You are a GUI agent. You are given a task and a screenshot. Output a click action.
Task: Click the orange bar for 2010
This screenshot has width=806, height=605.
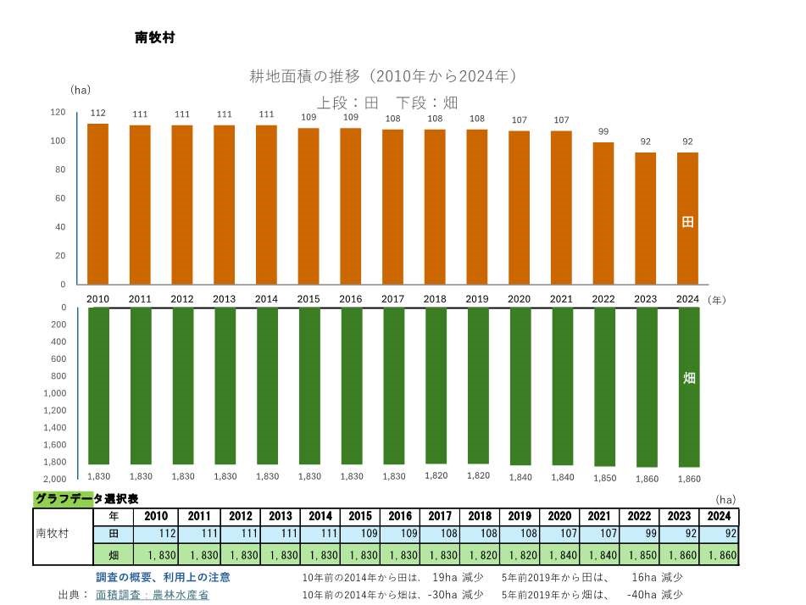tap(98, 204)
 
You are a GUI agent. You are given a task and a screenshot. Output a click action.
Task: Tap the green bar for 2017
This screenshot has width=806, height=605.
tap(393, 386)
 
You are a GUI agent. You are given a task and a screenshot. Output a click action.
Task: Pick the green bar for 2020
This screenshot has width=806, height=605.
tap(520, 386)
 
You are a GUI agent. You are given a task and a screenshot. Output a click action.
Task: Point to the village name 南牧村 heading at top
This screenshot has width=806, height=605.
tap(154, 37)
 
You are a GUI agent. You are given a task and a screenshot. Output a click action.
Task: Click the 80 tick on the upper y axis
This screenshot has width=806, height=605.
tap(59, 169)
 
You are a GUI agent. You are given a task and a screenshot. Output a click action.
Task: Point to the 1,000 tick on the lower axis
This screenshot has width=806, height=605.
tap(54, 393)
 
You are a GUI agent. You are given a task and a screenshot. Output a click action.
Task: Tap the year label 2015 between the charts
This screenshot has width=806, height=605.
tap(309, 299)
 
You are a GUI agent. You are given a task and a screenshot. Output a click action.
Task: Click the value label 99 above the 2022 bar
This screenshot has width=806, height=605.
tap(603, 131)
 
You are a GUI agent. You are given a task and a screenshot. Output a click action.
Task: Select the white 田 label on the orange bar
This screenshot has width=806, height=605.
tap(687, 222)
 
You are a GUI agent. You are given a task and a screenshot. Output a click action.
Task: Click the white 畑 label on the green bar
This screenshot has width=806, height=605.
tap(688, 378)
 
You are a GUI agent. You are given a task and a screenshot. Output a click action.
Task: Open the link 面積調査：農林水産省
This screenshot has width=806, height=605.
tap(152, 595)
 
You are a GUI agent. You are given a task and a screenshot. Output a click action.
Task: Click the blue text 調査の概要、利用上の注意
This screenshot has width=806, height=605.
tap(163, 577)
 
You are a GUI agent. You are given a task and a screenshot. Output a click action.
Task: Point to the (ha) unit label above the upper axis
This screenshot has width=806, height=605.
tap(80, 90)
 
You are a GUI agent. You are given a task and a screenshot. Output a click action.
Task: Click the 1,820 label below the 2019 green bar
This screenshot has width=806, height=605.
tap(478, 475)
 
